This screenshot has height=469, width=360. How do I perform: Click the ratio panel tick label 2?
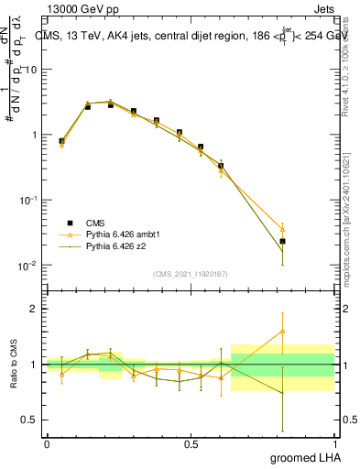pos(36,309)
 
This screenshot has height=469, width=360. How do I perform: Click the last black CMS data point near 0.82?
pos(283,242)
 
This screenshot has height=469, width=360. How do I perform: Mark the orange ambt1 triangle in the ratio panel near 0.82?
pos(283,331)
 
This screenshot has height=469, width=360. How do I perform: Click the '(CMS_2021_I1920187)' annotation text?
pos(190,274)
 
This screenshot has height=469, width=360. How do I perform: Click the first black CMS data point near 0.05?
pos(61,141)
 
